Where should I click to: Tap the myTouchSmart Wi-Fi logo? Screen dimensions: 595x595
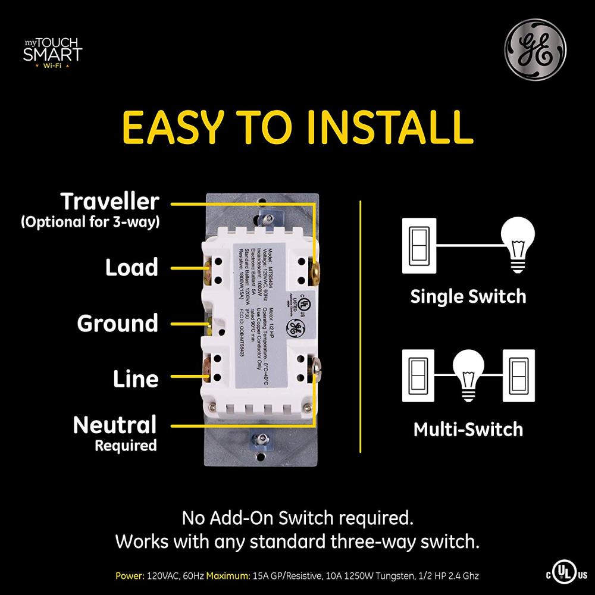tap(52, 52)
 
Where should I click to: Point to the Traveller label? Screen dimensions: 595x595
tap(110, 202)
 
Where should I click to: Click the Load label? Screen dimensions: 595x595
tap(132, 268)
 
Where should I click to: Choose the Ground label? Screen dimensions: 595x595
tap(118, 324)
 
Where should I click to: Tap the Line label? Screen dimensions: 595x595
tap(136, 379)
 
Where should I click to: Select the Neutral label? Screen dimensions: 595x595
tap(115, 425)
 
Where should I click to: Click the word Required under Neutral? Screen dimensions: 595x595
tap(126, 445)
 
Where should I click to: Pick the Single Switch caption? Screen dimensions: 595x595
tap(468, 296)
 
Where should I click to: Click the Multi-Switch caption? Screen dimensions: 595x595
tap(468, 429)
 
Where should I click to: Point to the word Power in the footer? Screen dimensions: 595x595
tap(130, 575)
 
